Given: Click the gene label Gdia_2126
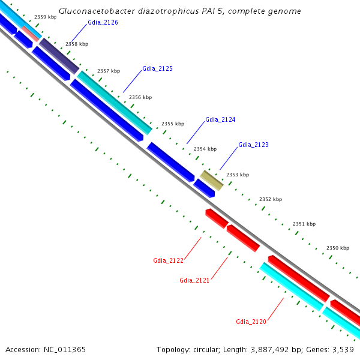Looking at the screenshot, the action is point(103,22).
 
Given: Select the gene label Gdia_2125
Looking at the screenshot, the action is point(157,69).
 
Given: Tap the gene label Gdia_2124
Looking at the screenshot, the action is point(220,119).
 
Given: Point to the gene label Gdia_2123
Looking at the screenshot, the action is point(253,145).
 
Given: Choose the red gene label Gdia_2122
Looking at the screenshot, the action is point(168,260).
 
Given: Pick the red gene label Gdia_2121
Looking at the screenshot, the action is point(194,280).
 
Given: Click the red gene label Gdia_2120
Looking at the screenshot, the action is point(251,322).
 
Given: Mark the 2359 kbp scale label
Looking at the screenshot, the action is point(46,17).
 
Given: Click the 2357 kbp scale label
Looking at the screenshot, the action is point(108,71).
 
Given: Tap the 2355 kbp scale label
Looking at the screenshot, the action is point(172,124).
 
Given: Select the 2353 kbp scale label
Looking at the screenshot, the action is point(237,175).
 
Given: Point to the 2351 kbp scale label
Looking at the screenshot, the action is point(304,224).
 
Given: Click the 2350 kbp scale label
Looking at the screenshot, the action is point(337,248).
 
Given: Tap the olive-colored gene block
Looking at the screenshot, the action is point(212,180).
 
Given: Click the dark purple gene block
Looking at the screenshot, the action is point(59,56).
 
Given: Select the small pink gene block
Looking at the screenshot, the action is point(31,34).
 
